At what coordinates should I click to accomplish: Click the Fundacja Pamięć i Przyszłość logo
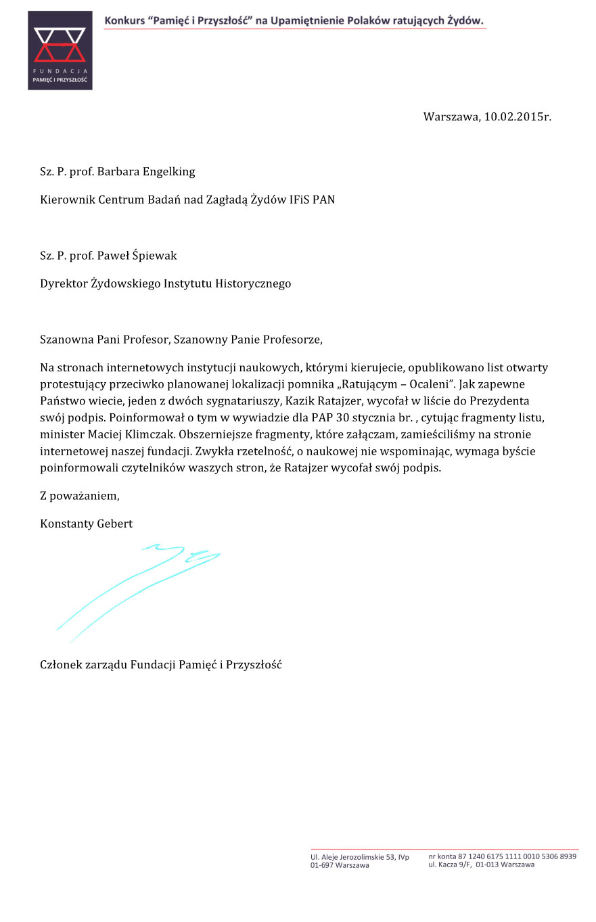(x=60, y=51)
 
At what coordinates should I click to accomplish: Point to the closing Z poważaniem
(x=80, y=496)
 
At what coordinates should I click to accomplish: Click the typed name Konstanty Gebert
(x=86, y=524)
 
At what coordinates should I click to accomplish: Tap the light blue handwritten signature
(x=139, y=589)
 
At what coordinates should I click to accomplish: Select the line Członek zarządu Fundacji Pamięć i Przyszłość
(x=161, y=664)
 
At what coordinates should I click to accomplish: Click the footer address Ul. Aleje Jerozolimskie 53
(x=359, y=857)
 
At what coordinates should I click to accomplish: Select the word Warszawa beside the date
(x=451, y=116)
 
